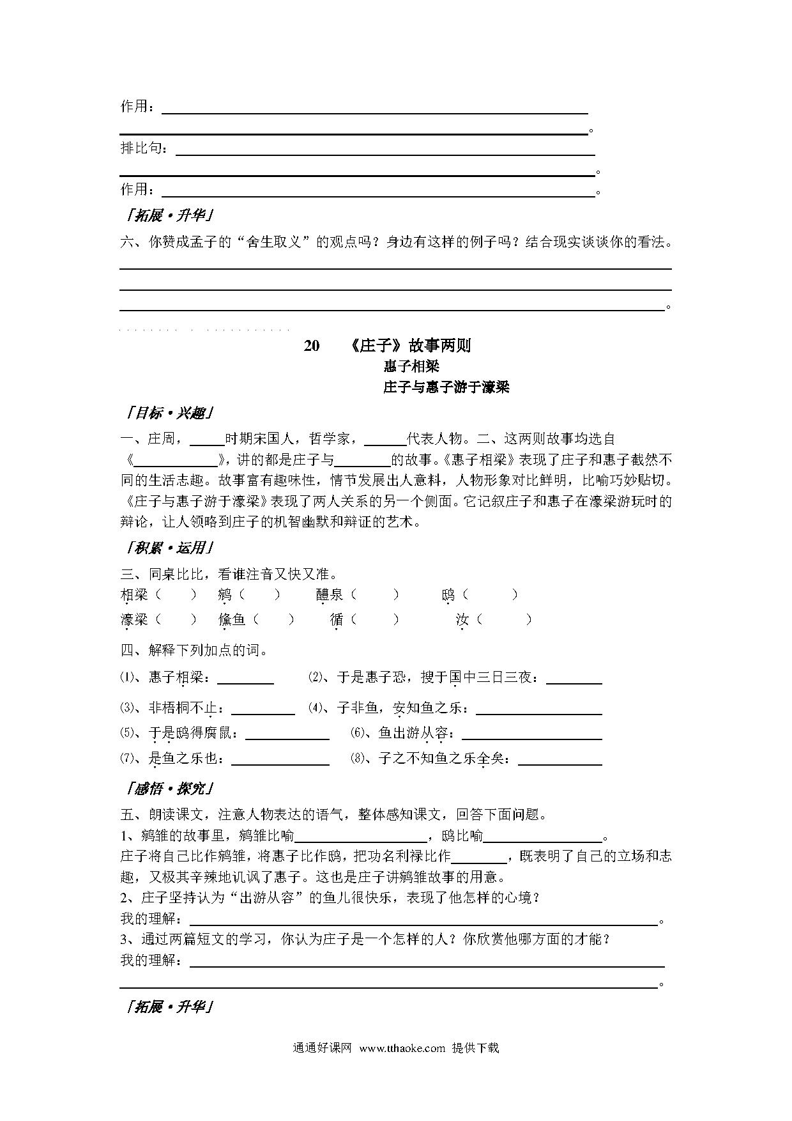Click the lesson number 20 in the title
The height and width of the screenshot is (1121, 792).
pos(311,346)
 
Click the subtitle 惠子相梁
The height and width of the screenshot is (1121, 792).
pos(411,366)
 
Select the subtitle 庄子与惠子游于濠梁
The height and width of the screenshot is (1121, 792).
pos(446,387)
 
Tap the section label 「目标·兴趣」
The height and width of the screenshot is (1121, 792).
pos(170,413)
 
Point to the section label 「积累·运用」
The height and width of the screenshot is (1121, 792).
pos(170,548)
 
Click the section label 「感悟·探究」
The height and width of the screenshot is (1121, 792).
pos(170,789)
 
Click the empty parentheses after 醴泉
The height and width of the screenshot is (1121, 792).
pos(375,595)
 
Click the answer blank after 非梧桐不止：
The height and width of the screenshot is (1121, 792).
pos(263,709)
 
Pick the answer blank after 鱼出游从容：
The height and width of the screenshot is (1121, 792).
pos(531,734)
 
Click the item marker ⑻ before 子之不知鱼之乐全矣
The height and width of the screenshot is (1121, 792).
pos(358,759)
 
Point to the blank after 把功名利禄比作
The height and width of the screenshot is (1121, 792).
pos(479,857)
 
